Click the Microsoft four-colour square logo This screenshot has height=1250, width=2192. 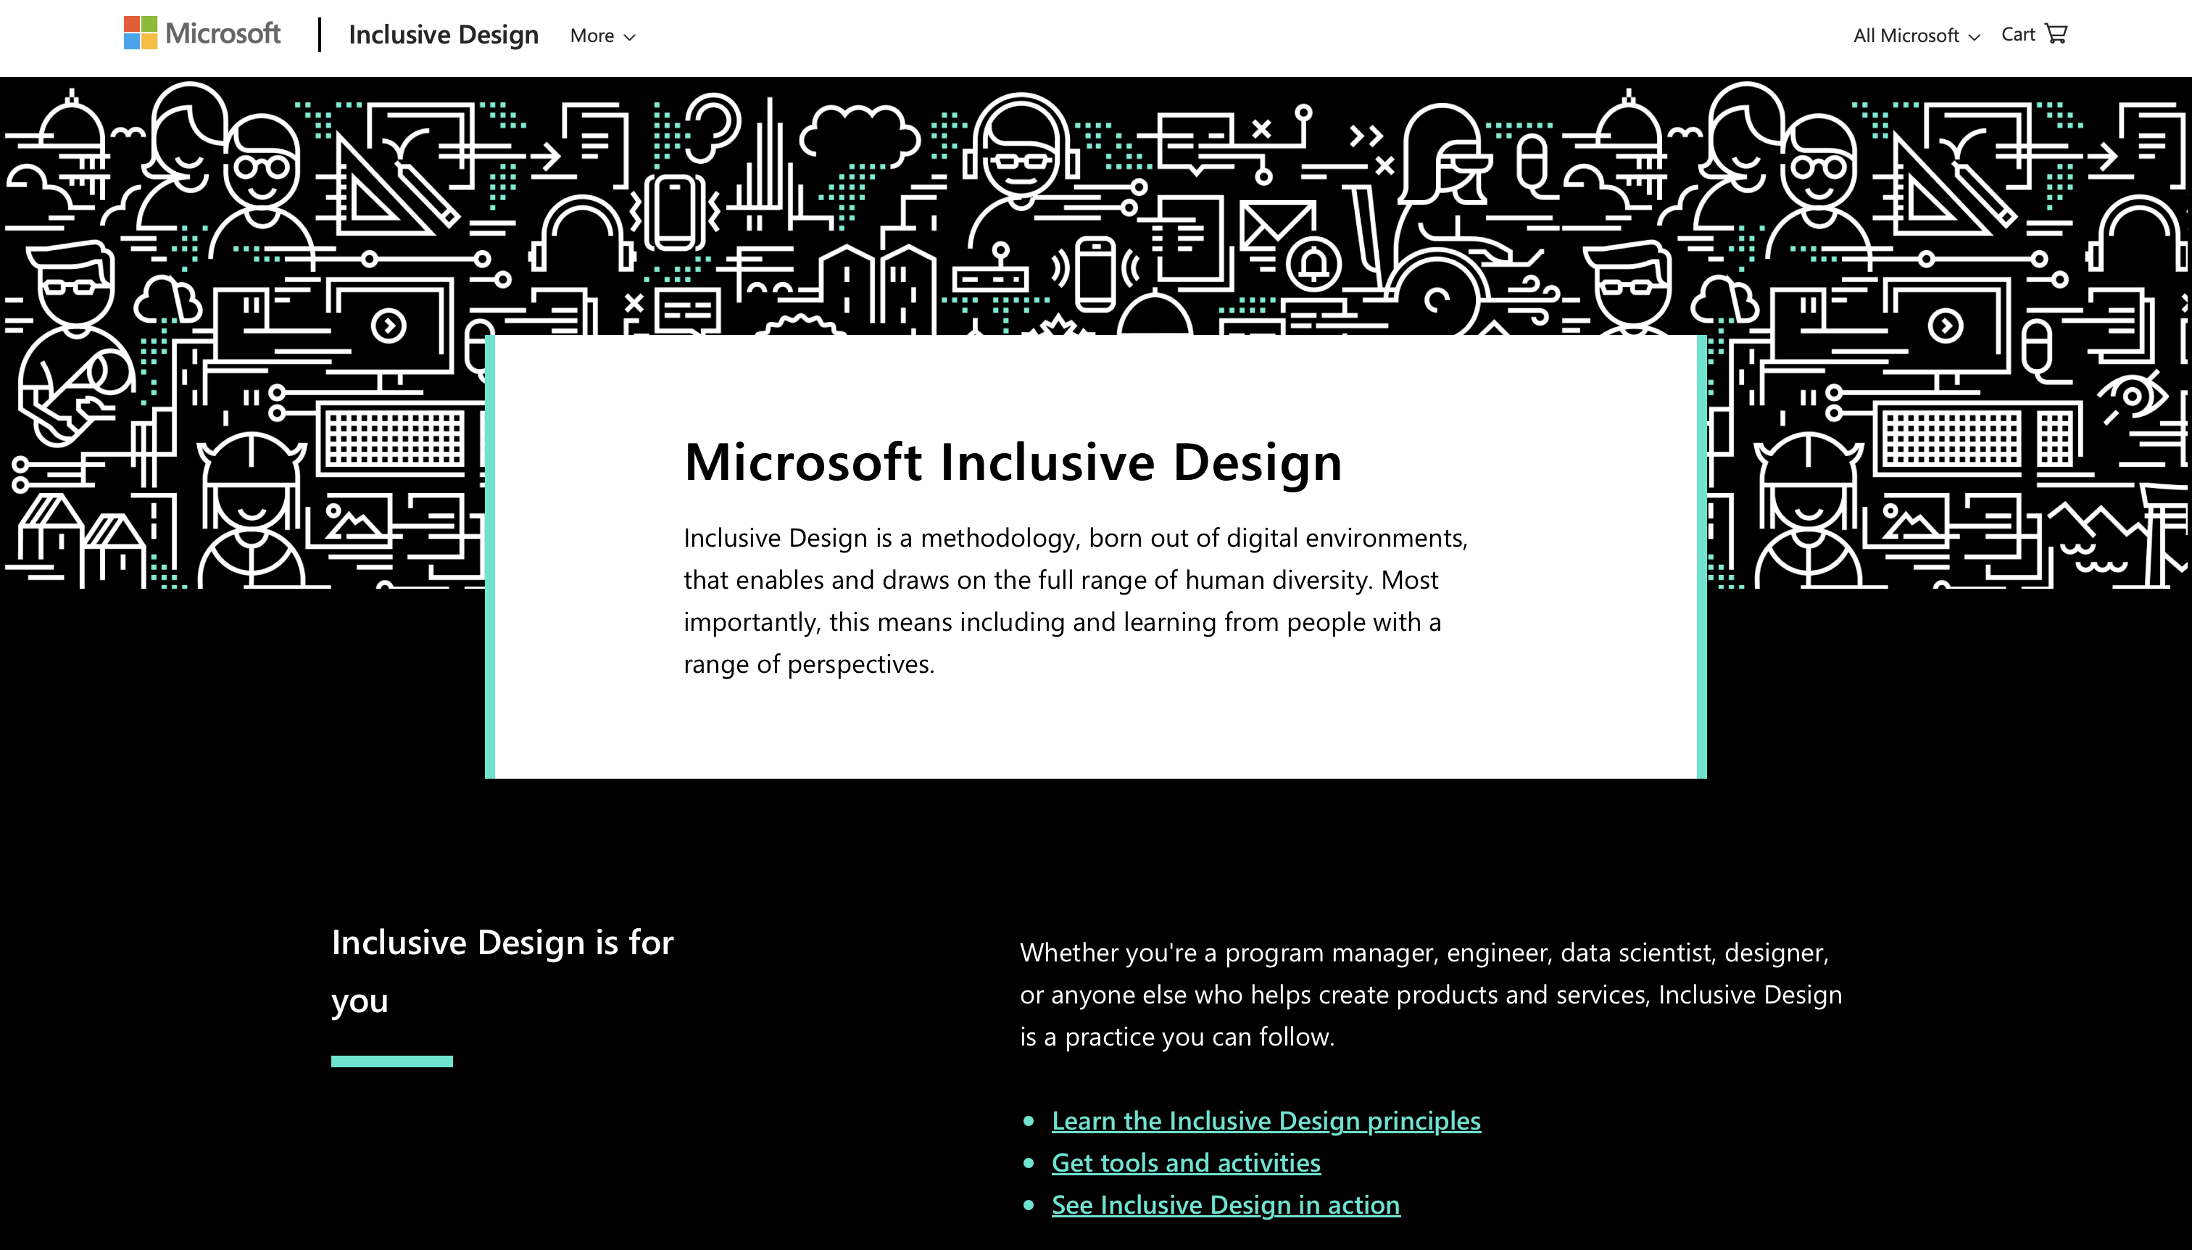(x=140, y=33)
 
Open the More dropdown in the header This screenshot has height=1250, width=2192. (x=602, y=36)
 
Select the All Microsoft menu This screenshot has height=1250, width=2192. (x=1916, y=36)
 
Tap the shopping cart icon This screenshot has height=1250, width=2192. (x=2056, y=33)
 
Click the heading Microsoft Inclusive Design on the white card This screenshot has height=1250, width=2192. (x=1013, y=462)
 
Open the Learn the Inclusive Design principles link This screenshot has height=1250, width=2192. (x=1266, y=1120)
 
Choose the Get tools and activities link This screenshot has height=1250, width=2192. (x=1186, y=1162)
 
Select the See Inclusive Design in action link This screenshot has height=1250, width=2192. (x=1226, y=1204)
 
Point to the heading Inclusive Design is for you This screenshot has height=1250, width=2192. (x=502, y=971)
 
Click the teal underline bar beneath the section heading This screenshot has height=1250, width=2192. (x=392, y=1061)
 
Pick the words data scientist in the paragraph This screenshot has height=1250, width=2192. (x=1636, y=953)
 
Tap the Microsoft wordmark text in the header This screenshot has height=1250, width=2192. (x=223, y=33)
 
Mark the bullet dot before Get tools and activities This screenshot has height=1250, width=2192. (x=1028, y=1163)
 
